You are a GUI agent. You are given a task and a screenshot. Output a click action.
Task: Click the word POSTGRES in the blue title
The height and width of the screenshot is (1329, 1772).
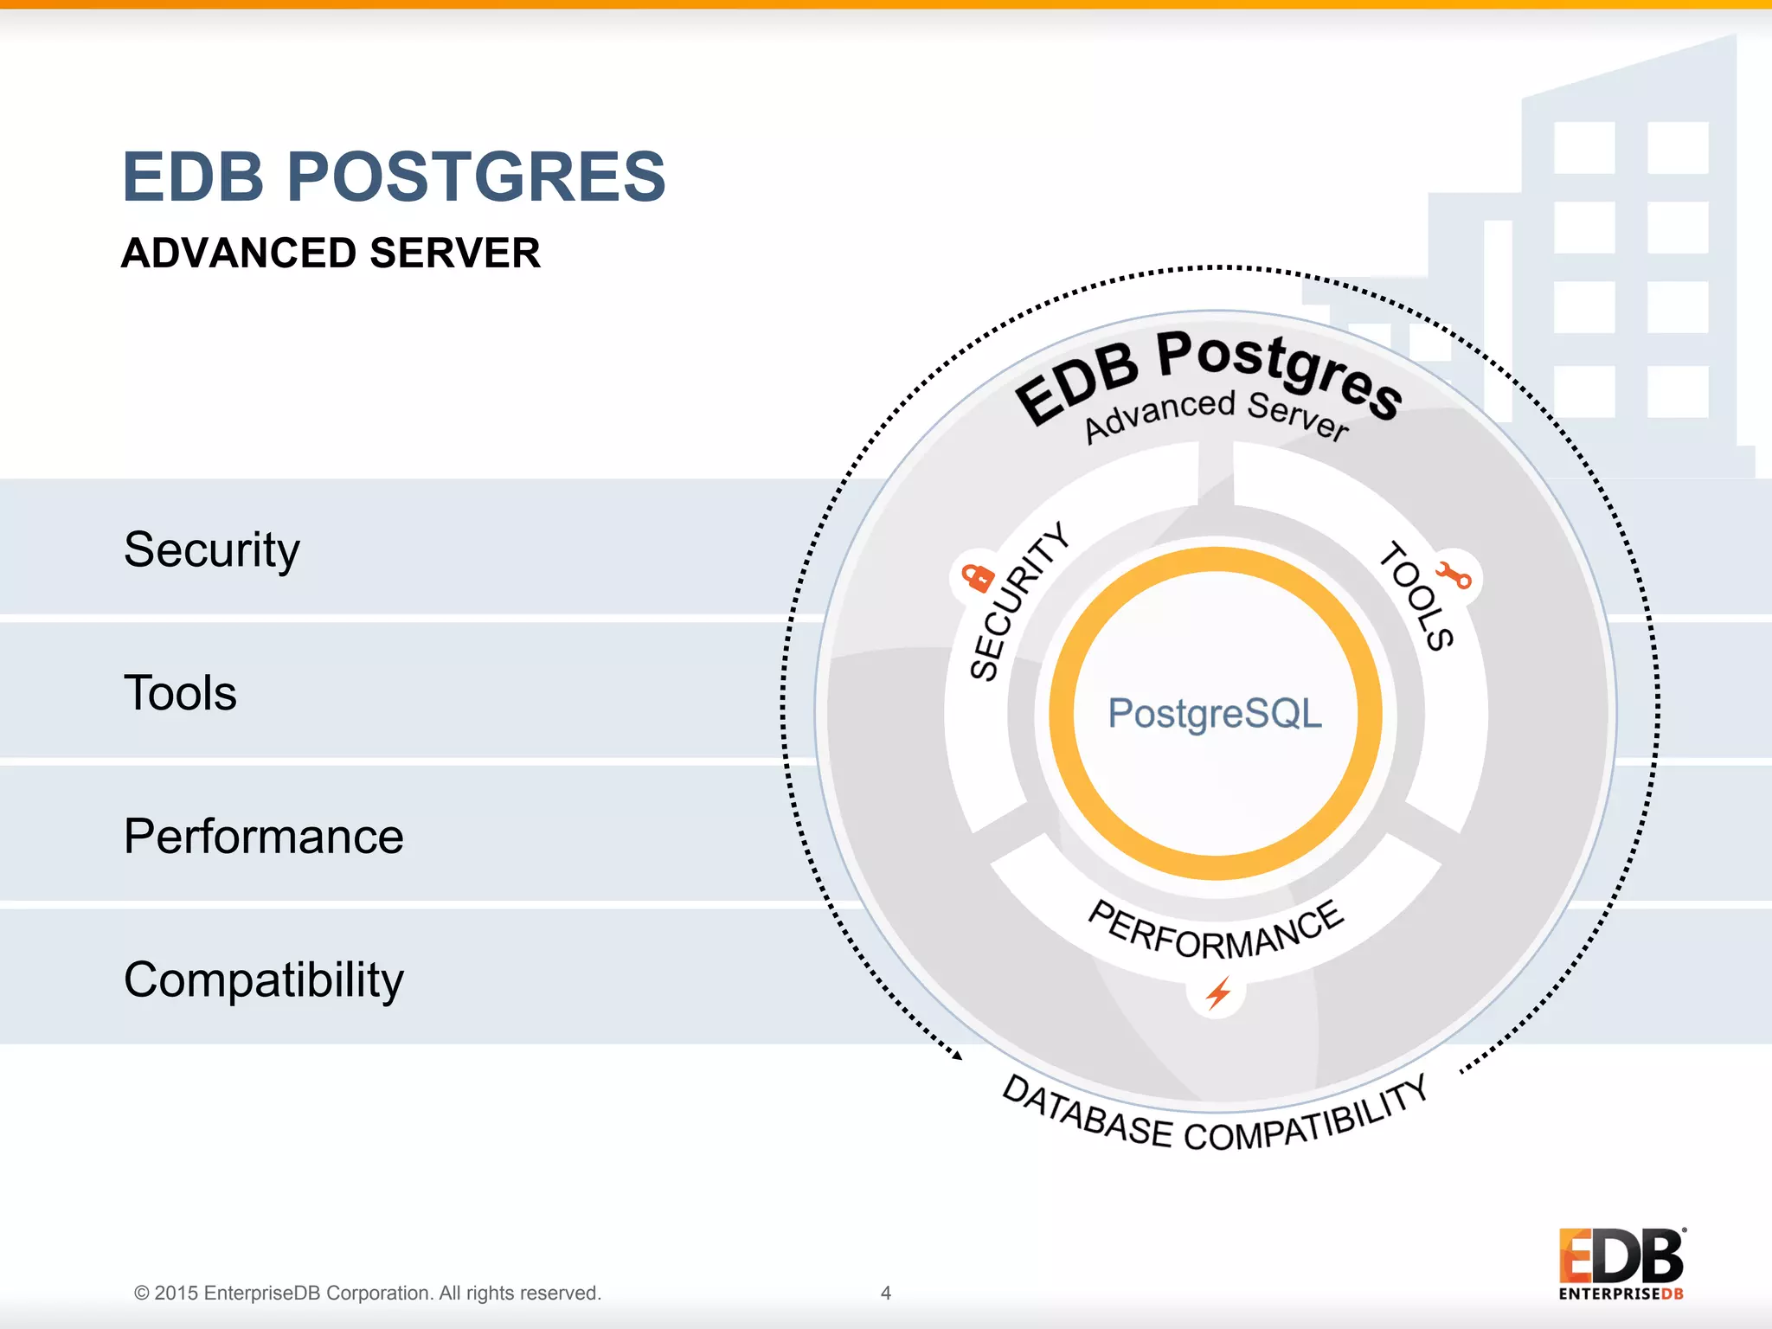(476, 177)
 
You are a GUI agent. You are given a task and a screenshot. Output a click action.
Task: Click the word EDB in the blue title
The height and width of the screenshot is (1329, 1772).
(193, 177)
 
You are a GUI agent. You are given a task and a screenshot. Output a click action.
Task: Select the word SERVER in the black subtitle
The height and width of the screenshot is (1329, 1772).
(454, 254)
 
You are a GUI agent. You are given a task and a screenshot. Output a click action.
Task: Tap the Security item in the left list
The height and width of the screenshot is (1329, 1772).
(212, 549)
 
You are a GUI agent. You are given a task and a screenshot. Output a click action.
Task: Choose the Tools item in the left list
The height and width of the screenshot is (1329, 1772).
(180, 693)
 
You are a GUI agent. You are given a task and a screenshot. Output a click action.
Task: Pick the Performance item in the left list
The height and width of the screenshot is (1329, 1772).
(263, 837)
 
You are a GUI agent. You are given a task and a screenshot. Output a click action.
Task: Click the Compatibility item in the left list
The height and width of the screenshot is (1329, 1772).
(263, 980)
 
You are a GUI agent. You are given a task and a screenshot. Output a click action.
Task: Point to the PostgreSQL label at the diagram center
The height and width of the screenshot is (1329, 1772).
(1215, 714)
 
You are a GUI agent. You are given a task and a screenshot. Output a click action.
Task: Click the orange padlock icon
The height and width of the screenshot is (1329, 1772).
(979, 577)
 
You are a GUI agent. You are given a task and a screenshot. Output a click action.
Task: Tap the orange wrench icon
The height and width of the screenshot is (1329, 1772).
(1454, 575)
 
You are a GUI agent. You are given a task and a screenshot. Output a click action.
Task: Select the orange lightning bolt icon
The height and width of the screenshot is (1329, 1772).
(1218, 992)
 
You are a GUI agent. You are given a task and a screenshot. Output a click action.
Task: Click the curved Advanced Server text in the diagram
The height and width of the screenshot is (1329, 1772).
(1216, 414)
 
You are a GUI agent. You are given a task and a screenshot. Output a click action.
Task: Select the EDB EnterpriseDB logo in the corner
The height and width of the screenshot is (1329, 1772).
(1621, 1263)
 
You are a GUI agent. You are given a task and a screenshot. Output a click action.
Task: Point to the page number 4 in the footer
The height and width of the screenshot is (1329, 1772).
(885, 1293)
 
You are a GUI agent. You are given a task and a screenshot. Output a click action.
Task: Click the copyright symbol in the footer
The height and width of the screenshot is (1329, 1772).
(141, 1293)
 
